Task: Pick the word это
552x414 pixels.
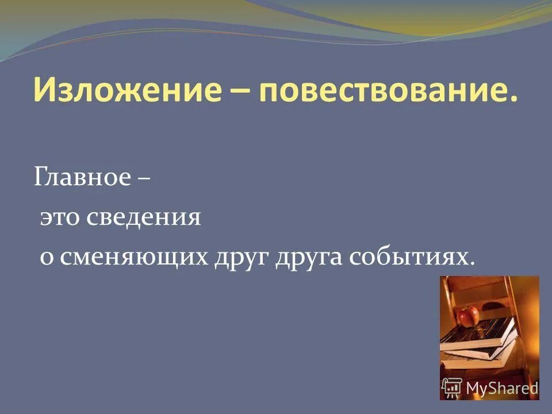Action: click(61, 218)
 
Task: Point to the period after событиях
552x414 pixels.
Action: click(473, 265)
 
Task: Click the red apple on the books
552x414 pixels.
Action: click(468, 315)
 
